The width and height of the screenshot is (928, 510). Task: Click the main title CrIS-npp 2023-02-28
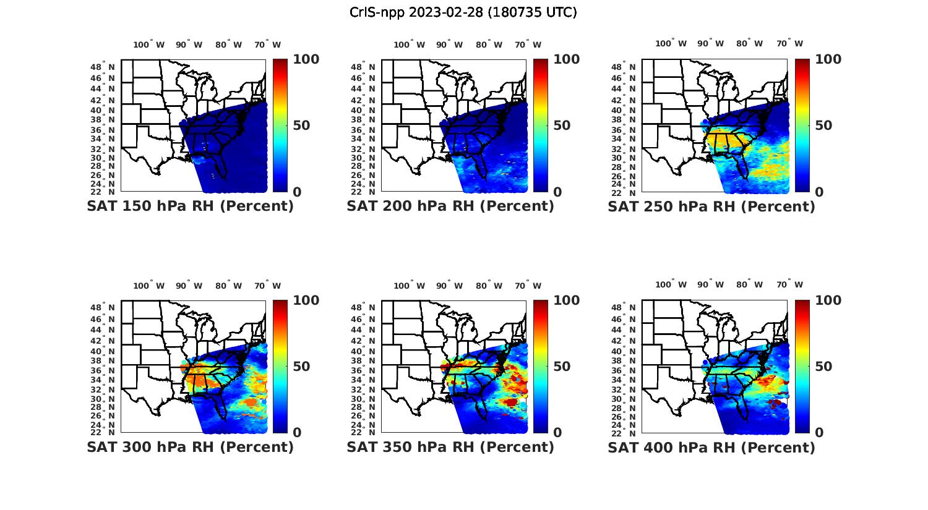(463, 12)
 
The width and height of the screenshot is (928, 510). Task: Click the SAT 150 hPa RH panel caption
(190, 206)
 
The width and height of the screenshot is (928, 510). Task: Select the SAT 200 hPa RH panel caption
(450, 206)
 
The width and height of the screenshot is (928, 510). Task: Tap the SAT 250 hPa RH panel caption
(711, 206)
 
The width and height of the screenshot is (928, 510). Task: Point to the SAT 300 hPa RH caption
(190, 447)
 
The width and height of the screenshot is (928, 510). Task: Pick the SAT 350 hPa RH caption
(450, 447)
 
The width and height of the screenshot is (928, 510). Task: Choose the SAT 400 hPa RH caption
(711, 447)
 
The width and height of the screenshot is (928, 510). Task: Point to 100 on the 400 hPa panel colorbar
(828, 300)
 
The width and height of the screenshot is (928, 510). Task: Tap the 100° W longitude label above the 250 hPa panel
(671, 44)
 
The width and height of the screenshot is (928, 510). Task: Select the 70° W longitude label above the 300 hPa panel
(267, 286)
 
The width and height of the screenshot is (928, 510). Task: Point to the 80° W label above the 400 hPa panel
(749, 285)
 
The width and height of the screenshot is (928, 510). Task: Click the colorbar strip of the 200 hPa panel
(541, 125)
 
